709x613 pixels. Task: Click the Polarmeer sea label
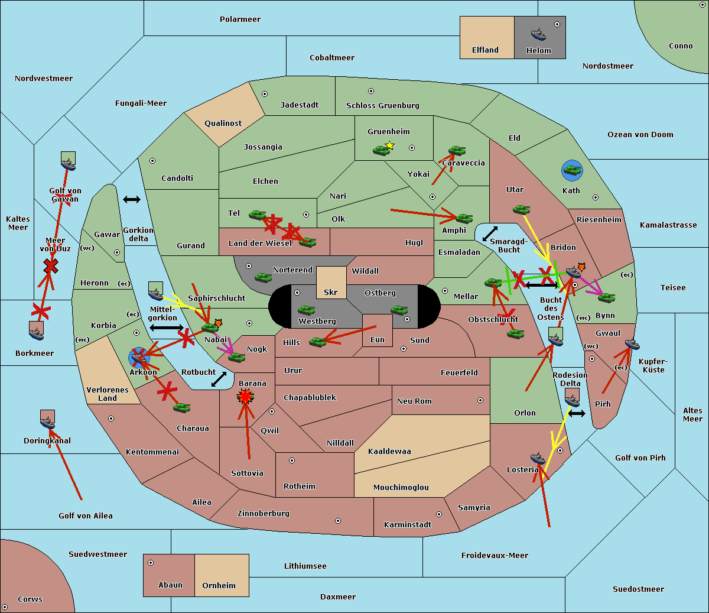pyautogui.click(x=240, y=20)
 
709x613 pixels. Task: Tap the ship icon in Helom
pyautogui.click(x=538, y=34)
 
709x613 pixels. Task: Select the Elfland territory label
pyautogui.click(x=485, y=50)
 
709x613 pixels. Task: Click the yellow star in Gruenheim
pyautogui.click(x=389, y=145)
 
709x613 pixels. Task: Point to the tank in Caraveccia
pyautogui.click(x=457, y=151)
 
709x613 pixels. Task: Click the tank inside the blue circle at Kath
pyautogui.click(x=572, y=171)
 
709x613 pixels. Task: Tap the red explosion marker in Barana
pyautogui.click(x=245, y=396)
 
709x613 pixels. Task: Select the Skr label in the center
pyautogui.click(x=331, y=293)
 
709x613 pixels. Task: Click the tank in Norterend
pyautogui.click(x=263, y=277)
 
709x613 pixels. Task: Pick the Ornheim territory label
pyautogui.click(x=219, y=586)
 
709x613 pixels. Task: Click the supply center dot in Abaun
pyautogui.click(x=151, y=563)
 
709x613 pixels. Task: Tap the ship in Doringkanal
pyautogui.click(x=48, y=423)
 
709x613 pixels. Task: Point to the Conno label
pyautogui.click(x=681, y=46)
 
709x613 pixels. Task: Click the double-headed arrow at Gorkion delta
pyautogui.click(x=132, y=200)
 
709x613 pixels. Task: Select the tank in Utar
pyautogui.click(x=521, y=209)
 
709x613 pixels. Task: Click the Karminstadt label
pyautogui.click(x=408, y=525)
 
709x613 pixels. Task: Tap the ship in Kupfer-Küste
pyautogui.click(x=632, y=344)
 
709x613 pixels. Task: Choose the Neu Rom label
pyautogui.click(x=414, y=401)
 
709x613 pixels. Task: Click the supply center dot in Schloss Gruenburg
pyautogui.click(x=371, y=91)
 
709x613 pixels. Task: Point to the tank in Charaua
pyautogui.click(x=181, y=407)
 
